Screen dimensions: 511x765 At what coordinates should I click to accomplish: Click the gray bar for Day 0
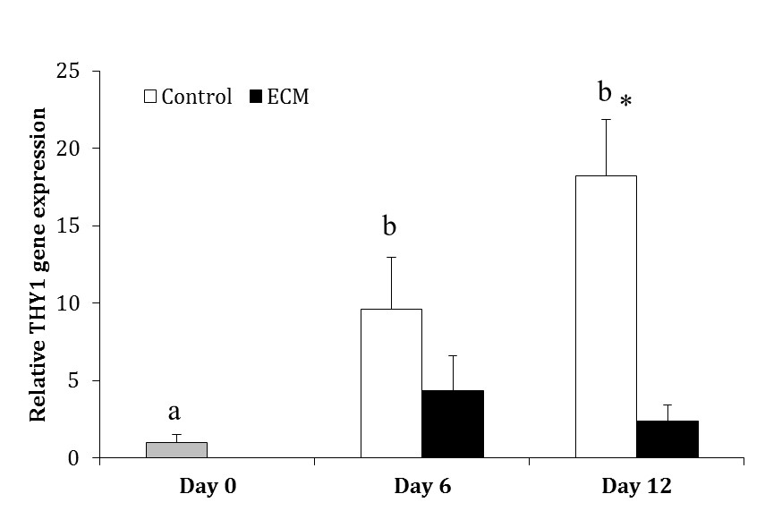pyautogui.click(x=176, y=450)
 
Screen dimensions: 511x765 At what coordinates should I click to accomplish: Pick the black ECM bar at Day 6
pyautogui.click(x=453, y=424)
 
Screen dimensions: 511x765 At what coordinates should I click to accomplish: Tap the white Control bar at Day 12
pyautogui.click(x=606, y=317)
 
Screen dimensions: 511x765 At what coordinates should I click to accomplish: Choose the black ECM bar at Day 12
pyautogui.click(x=667, y=439)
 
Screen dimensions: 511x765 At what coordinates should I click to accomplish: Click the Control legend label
pyautogui.click(x=197, y=97)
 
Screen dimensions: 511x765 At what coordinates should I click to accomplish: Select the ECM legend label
pyautogui.click(x=287, y=97)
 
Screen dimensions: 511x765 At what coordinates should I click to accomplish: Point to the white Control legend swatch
pyautogui.click(x=151, y=97)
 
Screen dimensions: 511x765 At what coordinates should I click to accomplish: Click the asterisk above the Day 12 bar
pyautogui.click(x=625, y=102)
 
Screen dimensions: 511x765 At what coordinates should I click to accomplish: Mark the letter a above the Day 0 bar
pyautogui.click(x=175, y=412)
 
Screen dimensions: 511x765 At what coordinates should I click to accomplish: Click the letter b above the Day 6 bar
pyautogui.click(x=390, y=226)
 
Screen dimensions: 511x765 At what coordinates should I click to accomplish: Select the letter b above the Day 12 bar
pyautogui.click(x=605, y=91)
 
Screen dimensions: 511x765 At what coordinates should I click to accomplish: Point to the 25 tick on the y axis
pyautogui.click(x=69, y=71)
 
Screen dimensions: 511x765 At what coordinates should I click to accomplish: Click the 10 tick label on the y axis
pyautogui.click(x=69, y=303)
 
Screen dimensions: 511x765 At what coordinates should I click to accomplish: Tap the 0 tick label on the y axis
pyautogui.click(x=74, y=458)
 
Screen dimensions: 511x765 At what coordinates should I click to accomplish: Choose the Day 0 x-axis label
pyautogui.click(x=208, y=487)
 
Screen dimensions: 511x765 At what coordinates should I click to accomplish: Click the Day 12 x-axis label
pyautogui.click(x=636, y=487)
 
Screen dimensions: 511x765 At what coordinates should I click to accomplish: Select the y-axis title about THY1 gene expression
pyautogui.click(x=39, y=265)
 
